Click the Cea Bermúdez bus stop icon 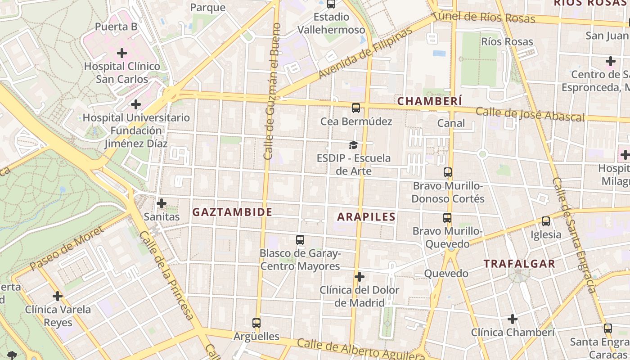355,108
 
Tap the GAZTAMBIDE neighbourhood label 232,212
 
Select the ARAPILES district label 366,217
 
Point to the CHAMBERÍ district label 429,101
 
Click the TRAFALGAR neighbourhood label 519,264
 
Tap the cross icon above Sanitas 162,203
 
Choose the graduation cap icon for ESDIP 354,145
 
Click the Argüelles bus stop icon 256,323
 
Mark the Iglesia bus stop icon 546,221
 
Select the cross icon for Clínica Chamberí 512,319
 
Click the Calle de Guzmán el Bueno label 273,91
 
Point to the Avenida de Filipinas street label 365,53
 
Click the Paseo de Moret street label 67,249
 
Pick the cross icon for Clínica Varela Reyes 57,296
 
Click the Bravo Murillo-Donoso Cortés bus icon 447,172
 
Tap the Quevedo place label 446,274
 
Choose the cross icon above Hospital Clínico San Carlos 121,54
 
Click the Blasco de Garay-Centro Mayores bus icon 300,240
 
